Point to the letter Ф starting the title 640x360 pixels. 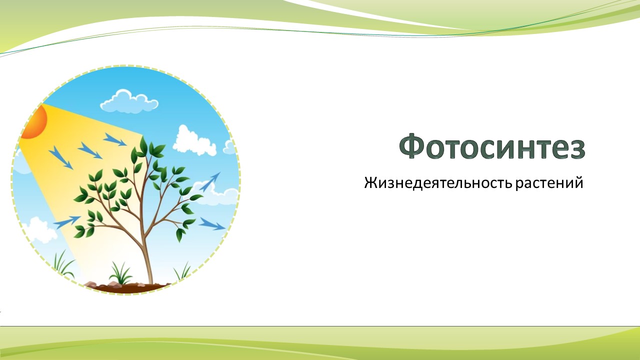[413, 145]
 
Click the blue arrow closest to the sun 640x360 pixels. [61, 157]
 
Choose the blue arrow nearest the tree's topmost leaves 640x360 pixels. [114, 139]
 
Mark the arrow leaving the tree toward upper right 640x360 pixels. [209, 182]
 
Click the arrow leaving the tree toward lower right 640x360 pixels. [212, 224]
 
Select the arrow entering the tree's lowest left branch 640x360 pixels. [67, 222]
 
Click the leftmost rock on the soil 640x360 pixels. [91, 284]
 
